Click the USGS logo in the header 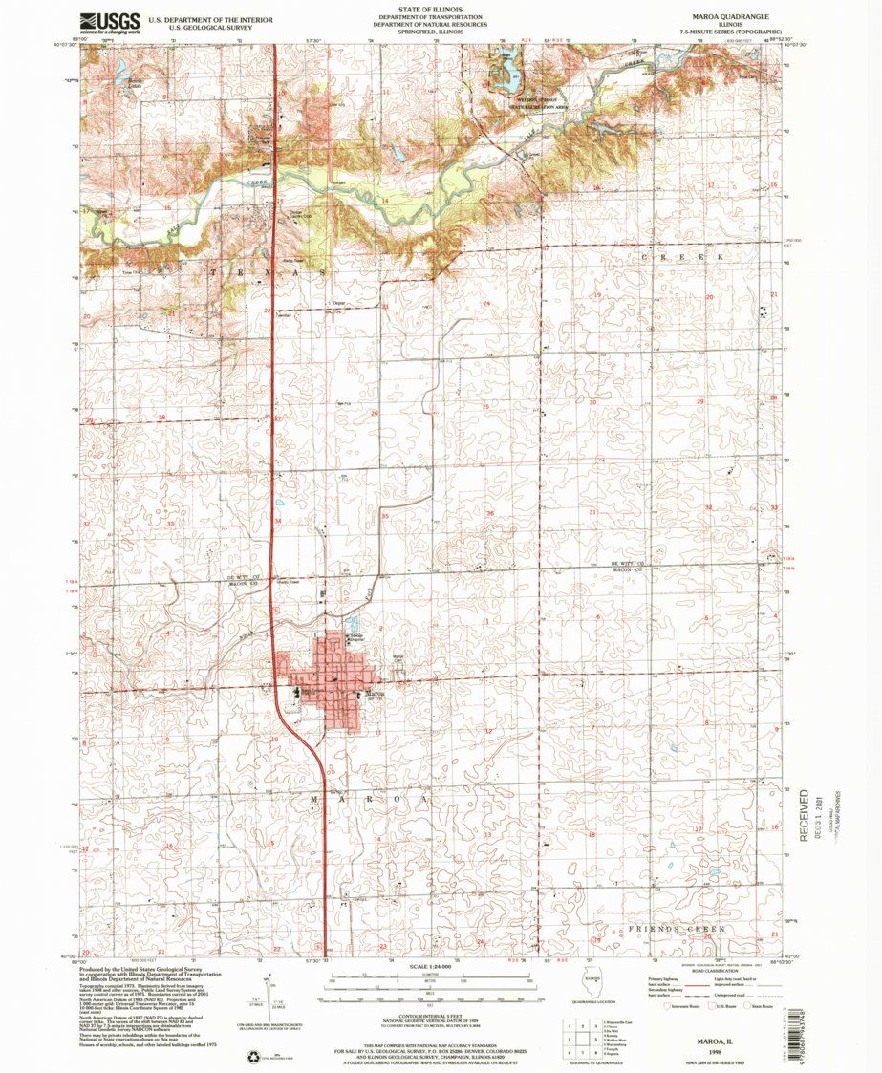point(110,21)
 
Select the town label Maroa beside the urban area point(373,695)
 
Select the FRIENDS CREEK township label point(676,929)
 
